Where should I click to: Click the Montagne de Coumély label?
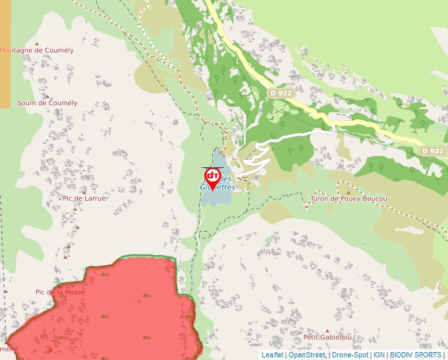pos(37,50)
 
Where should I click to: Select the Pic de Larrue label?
pos(84,197)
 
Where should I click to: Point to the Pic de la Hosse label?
pos(60,292)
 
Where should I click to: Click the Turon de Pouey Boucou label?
pos(348,198)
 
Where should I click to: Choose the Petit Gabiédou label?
pos(327,337)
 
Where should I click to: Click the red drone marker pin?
pos(213,177)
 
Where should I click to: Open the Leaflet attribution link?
pos(272,355)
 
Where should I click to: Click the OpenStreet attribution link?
pos(307,355)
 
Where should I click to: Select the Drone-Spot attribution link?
pos(350,355)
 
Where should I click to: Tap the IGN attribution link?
pos(379,355)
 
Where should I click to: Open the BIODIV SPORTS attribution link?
pos(415,355)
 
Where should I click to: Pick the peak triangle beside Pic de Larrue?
pos(76,228)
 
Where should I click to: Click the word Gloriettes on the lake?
pos(217,187)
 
